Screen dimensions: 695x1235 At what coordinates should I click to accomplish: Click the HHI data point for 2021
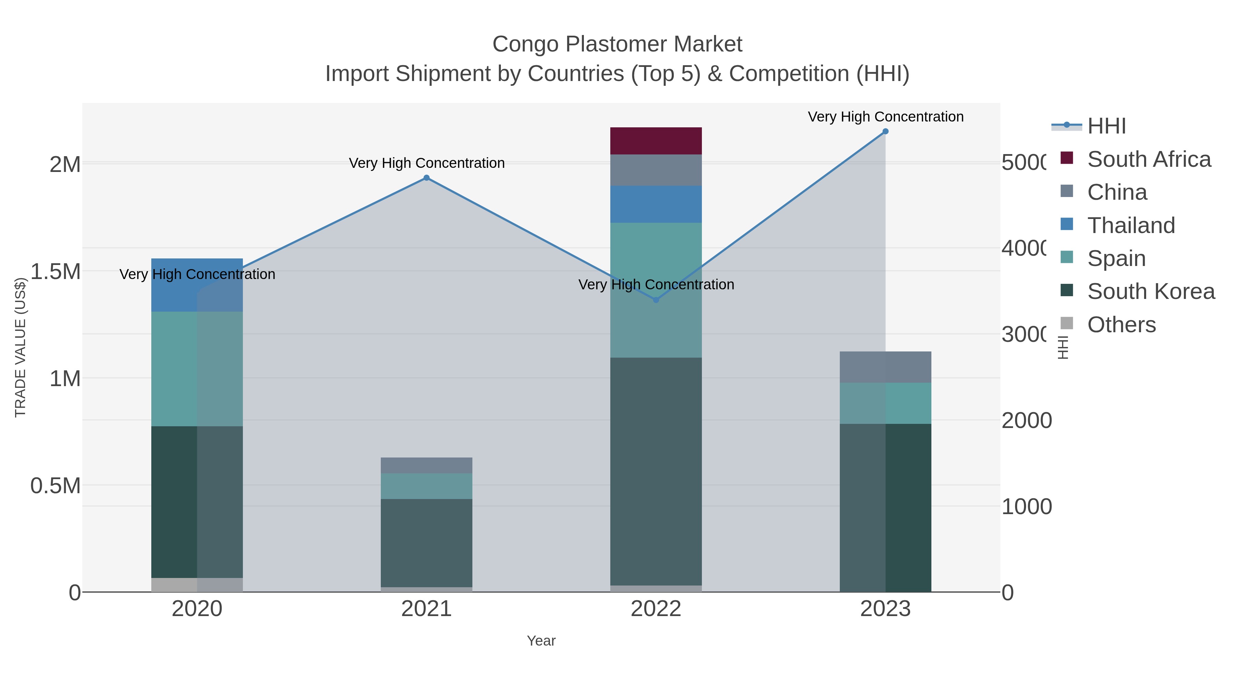click(426, 178)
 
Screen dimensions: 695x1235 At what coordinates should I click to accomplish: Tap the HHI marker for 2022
click(656, 300)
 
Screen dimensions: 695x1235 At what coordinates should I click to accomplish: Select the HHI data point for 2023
click(885, 131)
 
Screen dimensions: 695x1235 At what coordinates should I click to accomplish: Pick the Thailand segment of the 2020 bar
click(197, 286)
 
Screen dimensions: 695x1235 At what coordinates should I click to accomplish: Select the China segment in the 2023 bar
click(885, 367)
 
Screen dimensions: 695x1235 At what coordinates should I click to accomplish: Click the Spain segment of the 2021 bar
click(426, 486)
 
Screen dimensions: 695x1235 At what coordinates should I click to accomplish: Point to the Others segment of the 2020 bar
click(197, 585)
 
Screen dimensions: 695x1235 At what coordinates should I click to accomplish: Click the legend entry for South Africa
click(1149, 159)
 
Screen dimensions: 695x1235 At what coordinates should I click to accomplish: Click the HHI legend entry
click(1106, 126)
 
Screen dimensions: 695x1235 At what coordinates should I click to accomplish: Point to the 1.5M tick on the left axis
click(56, 272)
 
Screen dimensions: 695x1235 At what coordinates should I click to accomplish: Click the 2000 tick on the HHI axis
click(1026, 421)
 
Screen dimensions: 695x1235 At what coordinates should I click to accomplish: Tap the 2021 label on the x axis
click(426, 609)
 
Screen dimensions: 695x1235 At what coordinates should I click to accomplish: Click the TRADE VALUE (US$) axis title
click(20, 347)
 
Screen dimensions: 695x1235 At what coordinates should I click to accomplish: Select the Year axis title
click(541, 641)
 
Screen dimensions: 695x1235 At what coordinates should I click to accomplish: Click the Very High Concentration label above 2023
click(885, 117)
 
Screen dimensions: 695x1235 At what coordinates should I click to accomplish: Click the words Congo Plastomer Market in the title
click(617, 44)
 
